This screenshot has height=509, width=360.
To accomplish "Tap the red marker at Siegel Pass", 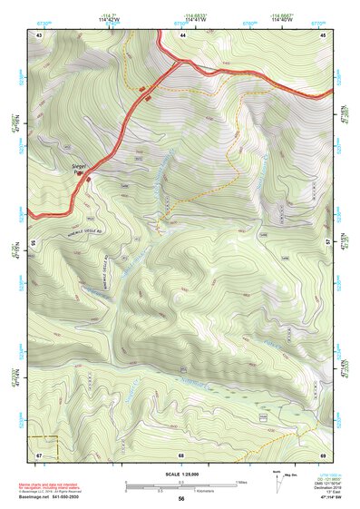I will [88, 179].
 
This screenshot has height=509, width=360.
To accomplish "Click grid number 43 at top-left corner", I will [39, 34].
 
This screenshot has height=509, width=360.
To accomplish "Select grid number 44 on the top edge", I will [182, 34].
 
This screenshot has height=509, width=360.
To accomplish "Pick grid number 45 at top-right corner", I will [324, 34].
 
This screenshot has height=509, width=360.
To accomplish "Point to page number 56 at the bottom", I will [181, 499].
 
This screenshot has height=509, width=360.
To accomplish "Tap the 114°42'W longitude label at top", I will [112, 17].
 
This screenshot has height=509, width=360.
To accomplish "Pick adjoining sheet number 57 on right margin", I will [328, 241].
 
